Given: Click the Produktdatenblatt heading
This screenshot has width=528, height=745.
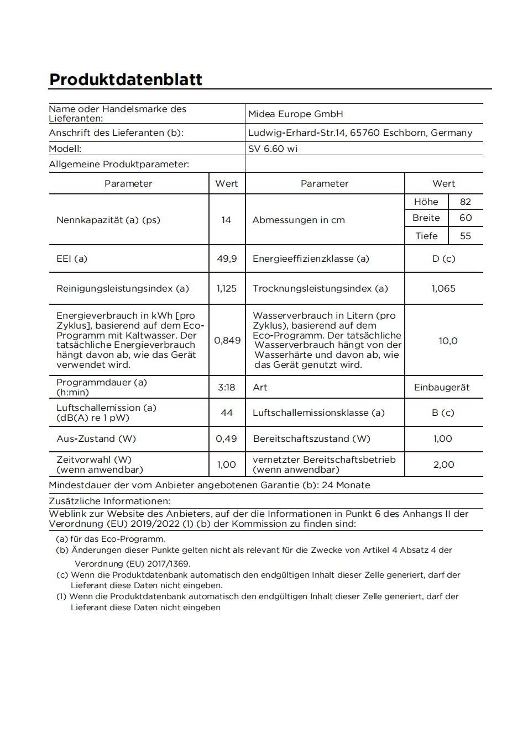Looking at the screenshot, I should click(126, 80).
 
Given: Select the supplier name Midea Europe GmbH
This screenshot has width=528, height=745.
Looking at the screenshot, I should click(295, 114).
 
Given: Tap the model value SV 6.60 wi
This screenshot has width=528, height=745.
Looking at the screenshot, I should click(273, 149).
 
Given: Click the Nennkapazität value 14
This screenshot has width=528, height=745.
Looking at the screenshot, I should click(226, 220).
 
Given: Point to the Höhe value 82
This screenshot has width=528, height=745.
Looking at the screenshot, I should click(466, 202).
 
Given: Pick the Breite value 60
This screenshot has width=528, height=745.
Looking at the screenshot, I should click(466, 218).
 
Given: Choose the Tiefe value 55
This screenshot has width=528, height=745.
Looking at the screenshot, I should click(466, 236).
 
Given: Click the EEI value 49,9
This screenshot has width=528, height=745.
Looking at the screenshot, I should click(227, 258).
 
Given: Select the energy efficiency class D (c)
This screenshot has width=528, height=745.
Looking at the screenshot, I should click(443, 258).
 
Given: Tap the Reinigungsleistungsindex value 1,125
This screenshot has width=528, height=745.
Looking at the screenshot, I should click(226, 288).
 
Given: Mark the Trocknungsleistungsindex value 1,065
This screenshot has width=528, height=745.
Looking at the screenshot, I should click(443, 288).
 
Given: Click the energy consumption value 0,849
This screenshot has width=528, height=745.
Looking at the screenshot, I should click(227, 340).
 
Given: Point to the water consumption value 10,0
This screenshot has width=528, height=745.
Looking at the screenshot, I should click(448, 341).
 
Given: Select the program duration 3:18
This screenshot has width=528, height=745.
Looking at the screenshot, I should click(226, 387).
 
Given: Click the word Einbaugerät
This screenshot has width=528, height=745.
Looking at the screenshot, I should click(442, 387).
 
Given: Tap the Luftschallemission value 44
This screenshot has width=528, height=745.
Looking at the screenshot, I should click(227, 413).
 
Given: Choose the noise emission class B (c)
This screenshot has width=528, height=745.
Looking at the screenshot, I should click(443, 413).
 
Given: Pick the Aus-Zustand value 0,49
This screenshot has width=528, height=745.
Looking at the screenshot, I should click(226, 438).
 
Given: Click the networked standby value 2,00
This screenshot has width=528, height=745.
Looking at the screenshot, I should click(443, 464).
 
